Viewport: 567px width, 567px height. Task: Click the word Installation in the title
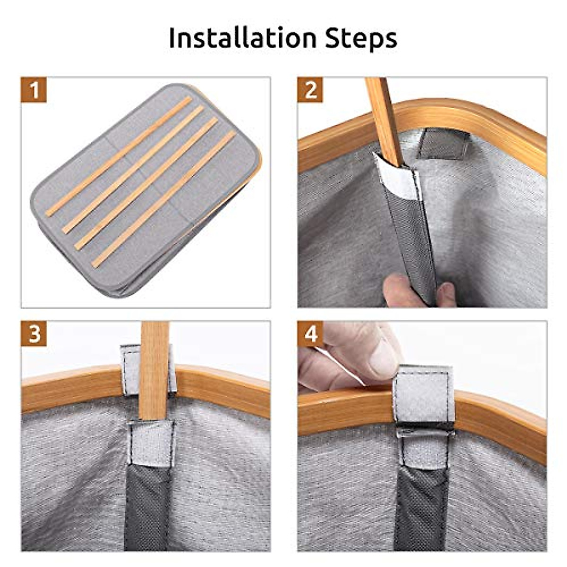[242, 39]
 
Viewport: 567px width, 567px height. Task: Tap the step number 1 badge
[34, 90]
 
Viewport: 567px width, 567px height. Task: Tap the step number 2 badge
[310, 90]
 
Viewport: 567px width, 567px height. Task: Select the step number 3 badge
[34, 334]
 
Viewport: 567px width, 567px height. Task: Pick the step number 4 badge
[310, 334]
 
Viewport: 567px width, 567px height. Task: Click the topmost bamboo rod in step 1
[119, 157]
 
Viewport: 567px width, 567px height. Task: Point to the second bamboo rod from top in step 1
[133, 170]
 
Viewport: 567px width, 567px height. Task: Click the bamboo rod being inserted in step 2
[384, 122]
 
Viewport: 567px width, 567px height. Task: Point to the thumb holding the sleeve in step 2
[403, 292]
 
